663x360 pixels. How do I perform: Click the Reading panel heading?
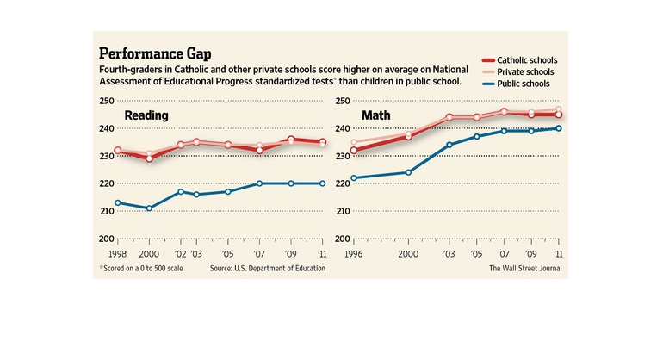click(146, 115)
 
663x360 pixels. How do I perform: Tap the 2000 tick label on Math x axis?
click(408, 256)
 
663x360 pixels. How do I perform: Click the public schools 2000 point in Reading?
click(149, 208)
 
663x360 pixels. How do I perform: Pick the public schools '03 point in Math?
click(449, 145)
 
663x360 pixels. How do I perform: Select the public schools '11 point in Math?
click(558, 128)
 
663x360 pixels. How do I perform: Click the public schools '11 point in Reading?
click(323, 183)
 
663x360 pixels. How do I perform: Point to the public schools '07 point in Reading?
click(259, 183)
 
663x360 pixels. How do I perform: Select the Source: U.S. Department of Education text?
click(268, 269)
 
